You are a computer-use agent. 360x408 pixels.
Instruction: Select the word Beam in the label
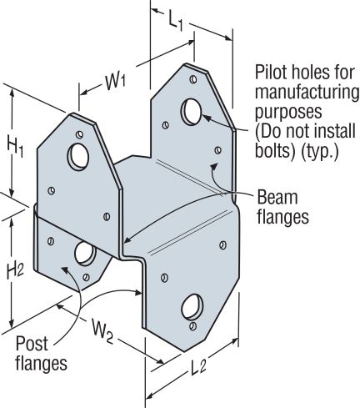click(x=277, y=198)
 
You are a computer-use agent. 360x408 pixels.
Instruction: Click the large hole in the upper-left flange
click(x=81, y=156)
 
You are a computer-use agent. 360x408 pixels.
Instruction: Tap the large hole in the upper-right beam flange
click(x=191, y=109)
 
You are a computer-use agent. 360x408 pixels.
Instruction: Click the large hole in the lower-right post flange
click(x=190, y=306)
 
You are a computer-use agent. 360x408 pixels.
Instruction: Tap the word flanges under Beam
click(x=284, y=218)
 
